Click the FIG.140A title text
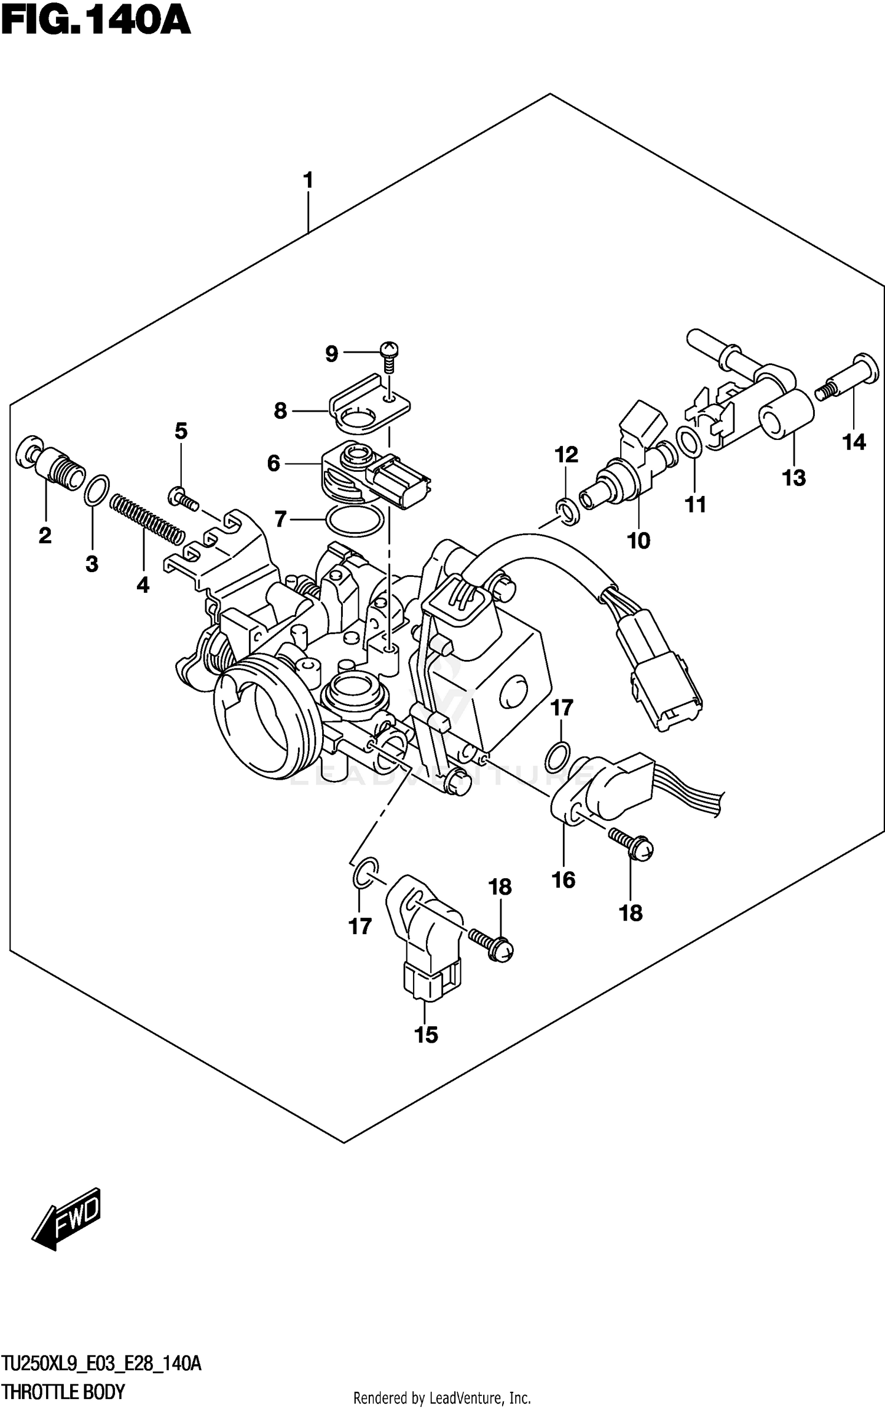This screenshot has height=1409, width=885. tap(96, 22)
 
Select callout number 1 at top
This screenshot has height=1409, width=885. tap(307, 180)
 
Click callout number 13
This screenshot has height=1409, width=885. tap(794, 478)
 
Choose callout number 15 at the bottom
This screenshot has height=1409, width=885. tap(426, 1035)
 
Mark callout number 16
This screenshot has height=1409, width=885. tap(563, 880)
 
